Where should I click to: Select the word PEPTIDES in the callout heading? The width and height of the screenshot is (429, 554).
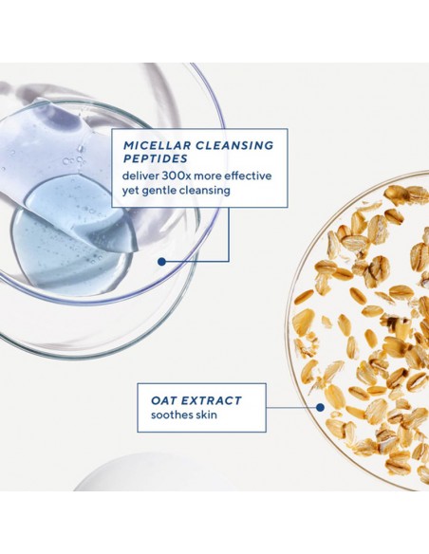pos(154,158)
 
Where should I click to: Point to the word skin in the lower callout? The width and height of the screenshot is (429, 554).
pos(210,415)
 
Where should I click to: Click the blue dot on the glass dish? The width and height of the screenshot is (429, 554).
pos(161,260)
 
